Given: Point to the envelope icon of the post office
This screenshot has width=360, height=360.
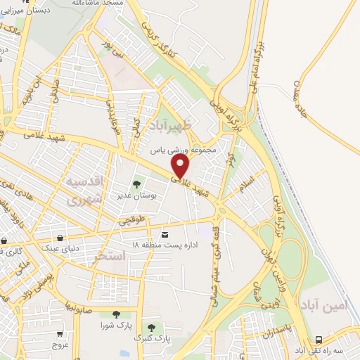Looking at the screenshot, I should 165,233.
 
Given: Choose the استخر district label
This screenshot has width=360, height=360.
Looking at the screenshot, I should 109,258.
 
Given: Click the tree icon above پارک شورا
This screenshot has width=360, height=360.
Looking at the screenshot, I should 116,314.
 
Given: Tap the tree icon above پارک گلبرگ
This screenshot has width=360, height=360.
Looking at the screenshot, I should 151,327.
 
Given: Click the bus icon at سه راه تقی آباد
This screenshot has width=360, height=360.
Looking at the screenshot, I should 320,338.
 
